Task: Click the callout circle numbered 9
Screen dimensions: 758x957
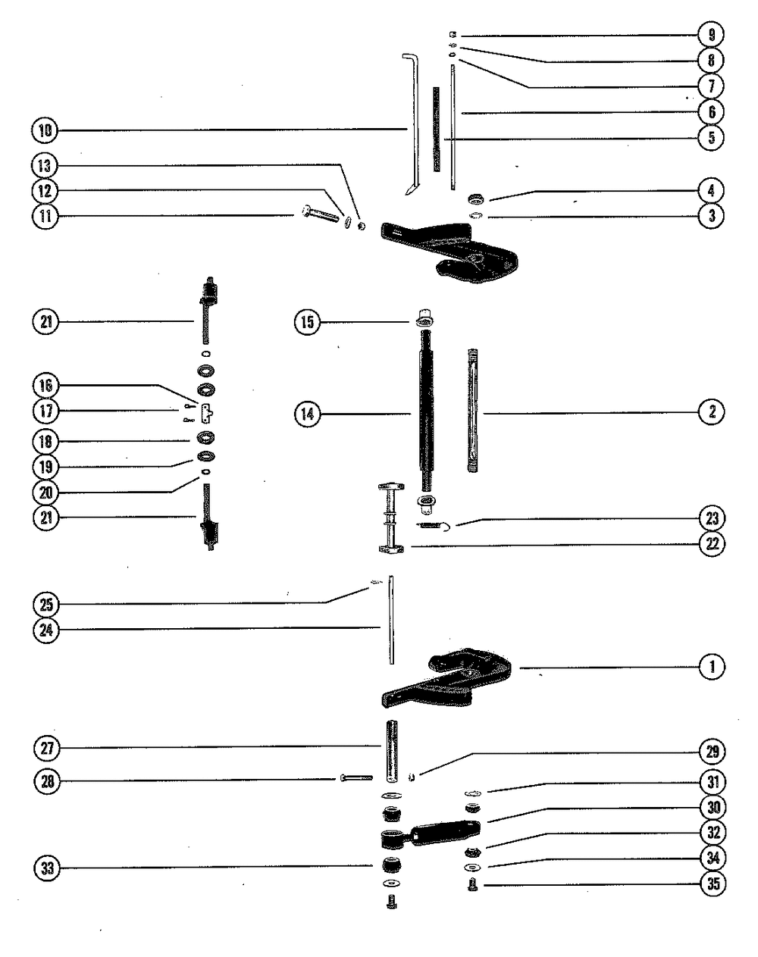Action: pyautogui.click(x=712, y=34)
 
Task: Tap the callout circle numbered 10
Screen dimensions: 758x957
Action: pyautogui.click(x=45, y=130)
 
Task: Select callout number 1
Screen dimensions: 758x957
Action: pyautogui.click(x=712, y=667)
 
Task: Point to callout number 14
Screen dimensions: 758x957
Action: pyautogui.click(x=309, y=414)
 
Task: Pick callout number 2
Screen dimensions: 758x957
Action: pyautogui.click(x=712, y=412)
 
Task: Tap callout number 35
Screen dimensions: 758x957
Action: pyautogui.click(x=712, y=884)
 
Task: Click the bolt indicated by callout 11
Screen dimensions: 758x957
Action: pyautogui.click(x=321, y=215)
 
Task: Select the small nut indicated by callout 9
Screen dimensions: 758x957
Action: pyautogui.click(x=451, y=34)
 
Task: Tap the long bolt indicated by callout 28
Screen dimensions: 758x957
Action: pyautogui.click(x=356, y=778)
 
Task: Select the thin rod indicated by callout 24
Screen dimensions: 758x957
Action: pyautogui.click(x=391, y=620)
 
